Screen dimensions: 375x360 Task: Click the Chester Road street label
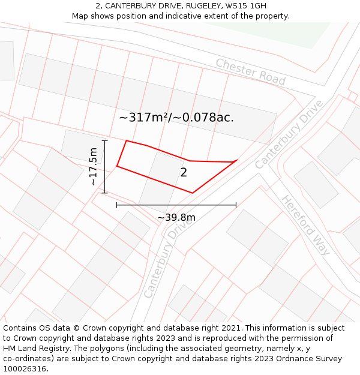250,71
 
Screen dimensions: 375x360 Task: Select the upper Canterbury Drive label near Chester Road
289,134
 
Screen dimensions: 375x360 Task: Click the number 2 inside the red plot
184,173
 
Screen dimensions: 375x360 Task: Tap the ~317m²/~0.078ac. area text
176,118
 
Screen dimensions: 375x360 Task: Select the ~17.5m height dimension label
93,166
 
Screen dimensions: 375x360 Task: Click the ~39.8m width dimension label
176,217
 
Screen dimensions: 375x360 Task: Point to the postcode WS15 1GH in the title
243,6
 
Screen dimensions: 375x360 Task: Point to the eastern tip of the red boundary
238,160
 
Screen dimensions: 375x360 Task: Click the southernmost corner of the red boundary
192,193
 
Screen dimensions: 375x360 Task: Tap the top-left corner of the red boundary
126,141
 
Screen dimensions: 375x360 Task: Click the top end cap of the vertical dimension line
105,141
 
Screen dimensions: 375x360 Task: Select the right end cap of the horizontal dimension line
236,205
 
